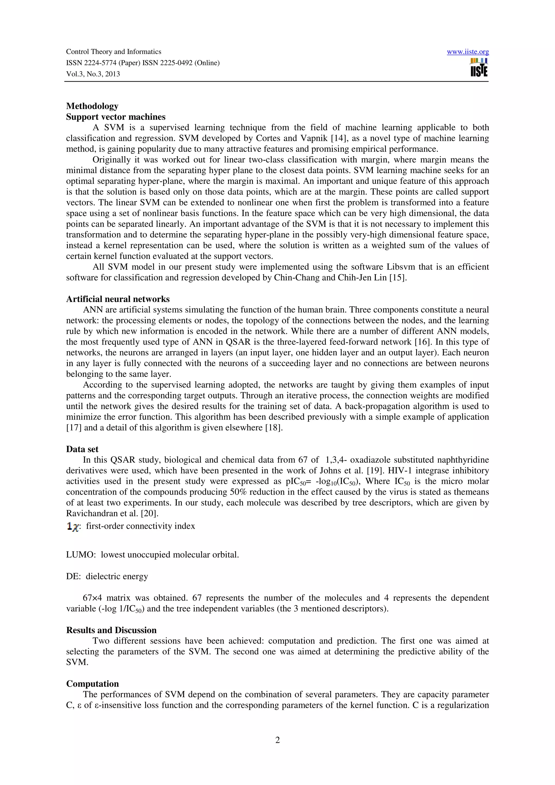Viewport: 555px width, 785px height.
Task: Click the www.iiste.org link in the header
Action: click(x=467, y=52)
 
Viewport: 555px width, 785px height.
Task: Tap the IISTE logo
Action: click(x=479, y=68)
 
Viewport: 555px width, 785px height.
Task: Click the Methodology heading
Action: click(x=92, y=106)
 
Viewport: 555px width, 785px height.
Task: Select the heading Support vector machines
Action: click(x=116, y=117)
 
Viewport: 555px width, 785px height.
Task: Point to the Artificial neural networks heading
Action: click(x=118, y=299)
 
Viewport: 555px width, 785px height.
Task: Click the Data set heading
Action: click(x=82, y=449)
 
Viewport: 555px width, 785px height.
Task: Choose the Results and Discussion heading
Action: click(x=111, y=630)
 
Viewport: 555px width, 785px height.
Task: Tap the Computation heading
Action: click(x=92, y=683)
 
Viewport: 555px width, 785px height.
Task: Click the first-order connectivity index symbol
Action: click(x=73, y=527)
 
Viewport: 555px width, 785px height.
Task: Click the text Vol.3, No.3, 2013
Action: click(x=93, y=74)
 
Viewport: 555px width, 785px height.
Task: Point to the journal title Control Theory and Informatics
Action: click(x=114, y=52)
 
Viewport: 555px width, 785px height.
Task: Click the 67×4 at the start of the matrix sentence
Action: click(x=92, y=598)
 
